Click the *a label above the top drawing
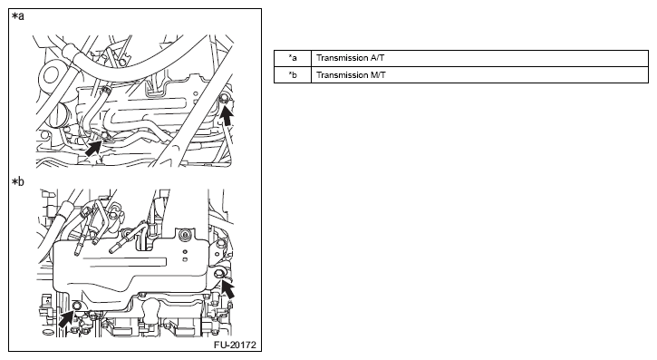tap(18, 16)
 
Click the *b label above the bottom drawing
tap(18, 181)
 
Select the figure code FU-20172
tap(235, 345)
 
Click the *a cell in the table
tap(293, 58)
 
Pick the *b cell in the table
tap(293, 75)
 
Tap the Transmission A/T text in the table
tap(350, 58)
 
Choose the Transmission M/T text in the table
tap(351, 75)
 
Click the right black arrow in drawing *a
tap(227, 116)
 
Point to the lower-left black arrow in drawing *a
tap(94, 148)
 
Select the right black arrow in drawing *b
tap(227, 288)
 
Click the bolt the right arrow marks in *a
tap(224, 99)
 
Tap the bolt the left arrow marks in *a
tap(105, 135)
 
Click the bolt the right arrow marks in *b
tap(218, 274)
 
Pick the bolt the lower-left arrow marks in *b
tap(77, 306)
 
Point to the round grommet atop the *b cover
tap(183, 235)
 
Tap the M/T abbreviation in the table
tap(378, 75)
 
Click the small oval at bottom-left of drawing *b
tap(48, 332)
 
